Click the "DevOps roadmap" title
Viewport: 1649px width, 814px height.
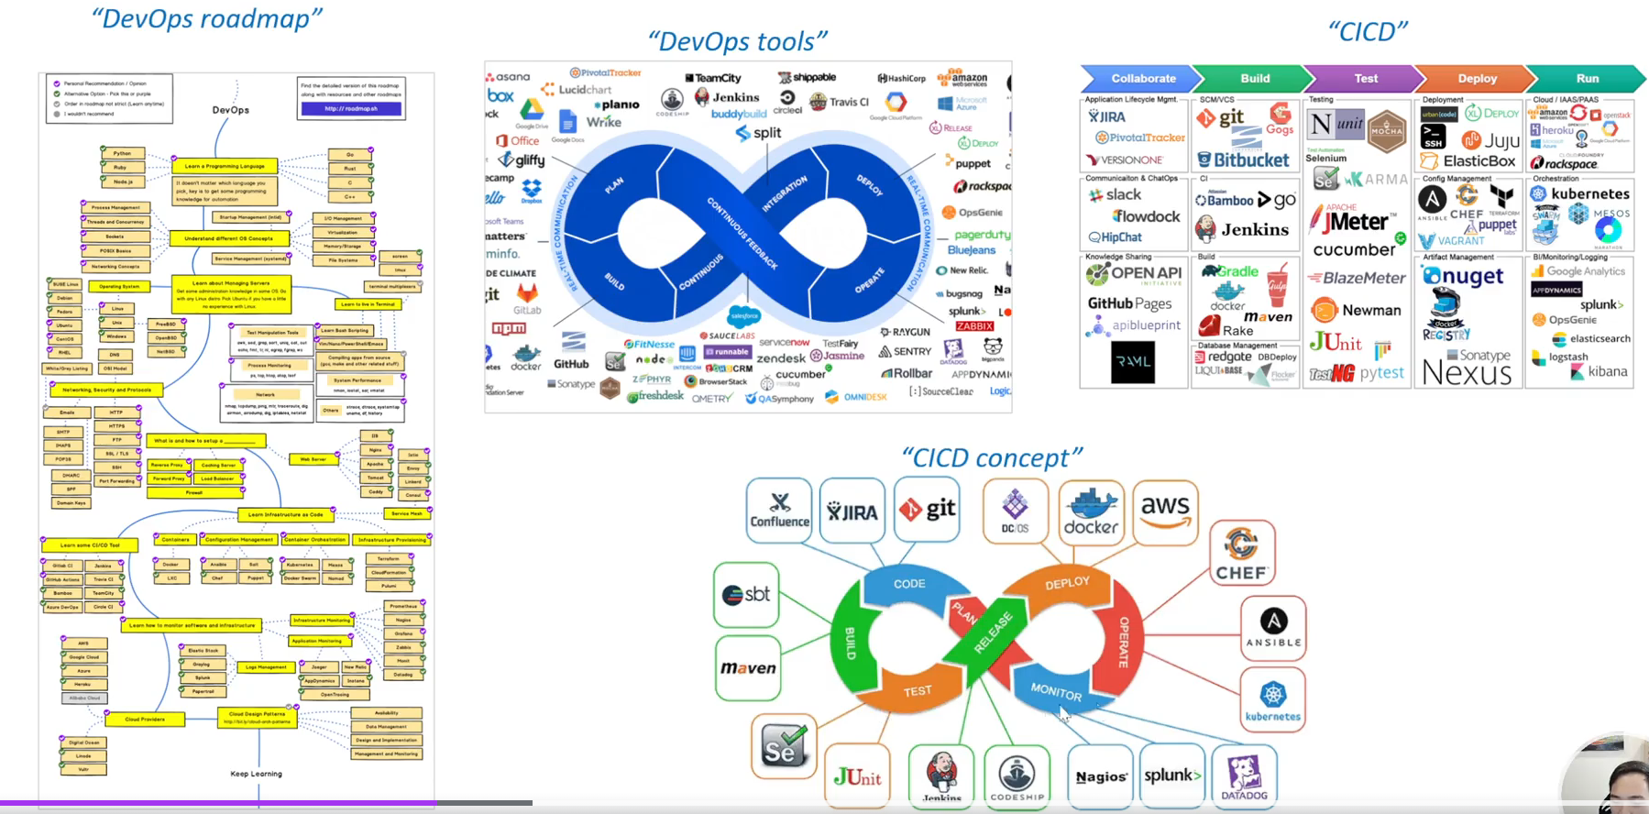tap(207, 18)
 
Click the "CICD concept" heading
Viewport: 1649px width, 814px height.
tap(992, 457)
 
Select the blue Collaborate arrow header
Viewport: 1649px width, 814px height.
tap(1142, 79)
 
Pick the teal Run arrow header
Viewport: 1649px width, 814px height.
tap(1587, 79)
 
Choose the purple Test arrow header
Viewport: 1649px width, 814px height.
tap(1365, 79)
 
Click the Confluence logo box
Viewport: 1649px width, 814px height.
tap(779, 510)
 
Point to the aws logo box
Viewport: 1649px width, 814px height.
tap(1165, 511)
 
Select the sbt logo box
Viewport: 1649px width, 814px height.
tap(746, 595)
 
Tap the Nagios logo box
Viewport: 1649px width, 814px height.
tap(1101, 776)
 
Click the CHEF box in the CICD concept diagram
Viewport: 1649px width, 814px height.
tap(1241, 555)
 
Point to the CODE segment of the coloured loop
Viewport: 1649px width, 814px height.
tap(909, 584)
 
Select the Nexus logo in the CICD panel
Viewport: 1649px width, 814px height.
tap(1467, 373)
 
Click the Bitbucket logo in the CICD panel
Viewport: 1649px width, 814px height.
tap(1244, 160)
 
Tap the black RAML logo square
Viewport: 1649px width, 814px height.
tap(1133, 361)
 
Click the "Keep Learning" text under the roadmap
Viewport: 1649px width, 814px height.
tap(256, 774)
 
